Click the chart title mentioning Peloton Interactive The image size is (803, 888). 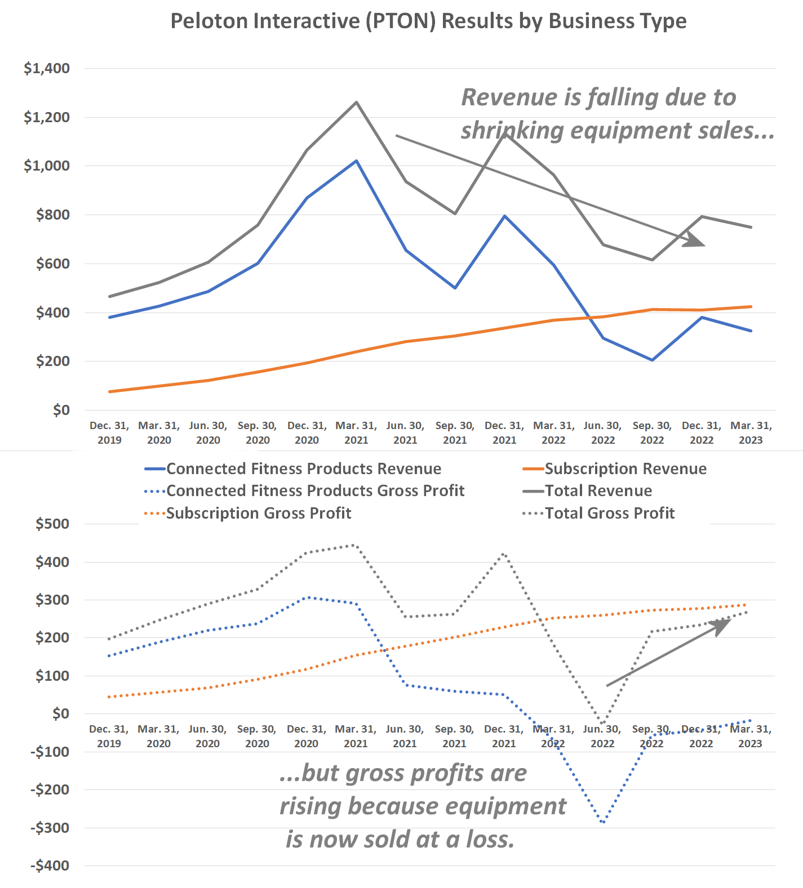[x=428, y=21]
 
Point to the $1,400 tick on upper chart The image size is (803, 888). [x=47, y=68]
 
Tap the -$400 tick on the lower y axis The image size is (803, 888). [x=50, y=865]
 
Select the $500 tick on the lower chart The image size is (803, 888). [x=52, y=524]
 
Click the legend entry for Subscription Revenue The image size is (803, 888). [x=625, y=469]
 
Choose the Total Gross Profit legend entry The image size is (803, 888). [x=609, y=513]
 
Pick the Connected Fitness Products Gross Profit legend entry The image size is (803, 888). [x=315, y=491]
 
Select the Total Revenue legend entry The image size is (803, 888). [x=598, y=491]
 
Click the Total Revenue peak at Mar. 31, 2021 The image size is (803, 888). [x=356, y=102]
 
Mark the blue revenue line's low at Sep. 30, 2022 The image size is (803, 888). [x=652, y=360]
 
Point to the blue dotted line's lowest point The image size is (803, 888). [x=604, y=823]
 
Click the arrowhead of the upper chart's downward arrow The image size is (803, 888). [x=698, y=241]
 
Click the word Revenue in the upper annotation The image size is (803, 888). [x=509, y=97]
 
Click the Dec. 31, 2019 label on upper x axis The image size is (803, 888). [x=109, y=432]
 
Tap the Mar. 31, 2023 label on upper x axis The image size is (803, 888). [x=751, y=432]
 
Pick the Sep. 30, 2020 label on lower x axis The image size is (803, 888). [x=257, y=736]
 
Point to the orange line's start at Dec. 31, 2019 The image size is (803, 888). [x=110, y=391]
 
